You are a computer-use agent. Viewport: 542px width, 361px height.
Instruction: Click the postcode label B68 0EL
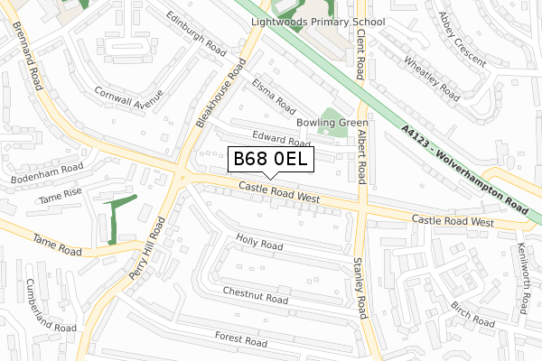(271, 160)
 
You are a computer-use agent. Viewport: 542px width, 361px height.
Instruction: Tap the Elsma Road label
(275, 93)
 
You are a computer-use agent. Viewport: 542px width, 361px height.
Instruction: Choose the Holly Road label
(259, 245)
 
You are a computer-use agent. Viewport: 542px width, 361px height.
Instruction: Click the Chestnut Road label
(256, 295)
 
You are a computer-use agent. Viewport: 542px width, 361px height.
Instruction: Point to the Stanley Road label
(360, 288)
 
